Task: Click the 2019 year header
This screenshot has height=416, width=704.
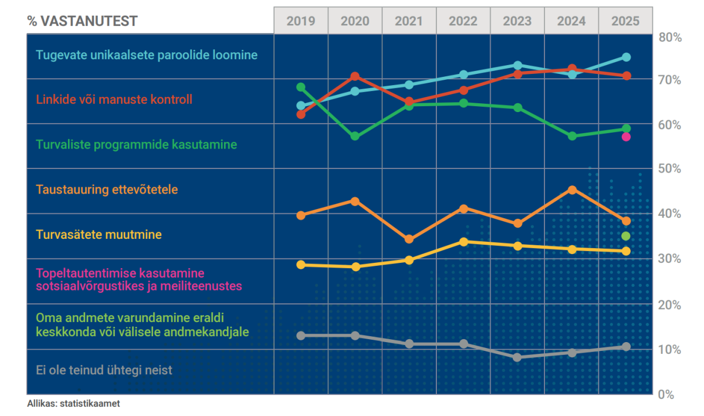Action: pyautogui.click(x=301, y=21)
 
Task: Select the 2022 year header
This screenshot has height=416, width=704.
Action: pyautogui.click(x=463, y=21)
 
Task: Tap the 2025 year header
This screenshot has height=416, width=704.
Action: pyautogui.click(x=625, y=21)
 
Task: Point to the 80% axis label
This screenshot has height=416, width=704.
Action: pyautogui.click(x=669, y=38)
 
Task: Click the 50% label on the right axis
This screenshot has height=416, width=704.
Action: pyautogui.click(x=669, y=169)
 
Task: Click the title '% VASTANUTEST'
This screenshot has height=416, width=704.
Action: pyautogui.click(x=82, y=22)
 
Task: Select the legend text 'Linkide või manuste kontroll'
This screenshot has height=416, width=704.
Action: pyautogui.click(x=114, y=99)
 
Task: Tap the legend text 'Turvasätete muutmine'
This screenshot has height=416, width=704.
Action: pyautogui.click(x=99, y=235)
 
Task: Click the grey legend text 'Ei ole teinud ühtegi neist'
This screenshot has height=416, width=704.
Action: pyautogui.click(x=104, y=370)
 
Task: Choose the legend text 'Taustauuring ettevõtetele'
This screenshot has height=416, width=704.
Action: pyautogui.click(x=107, y=190)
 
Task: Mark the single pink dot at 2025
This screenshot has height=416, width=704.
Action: pyautogui.click(x=626, y=137)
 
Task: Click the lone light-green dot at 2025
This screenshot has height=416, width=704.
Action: pyautogui.click(x=626, y=236)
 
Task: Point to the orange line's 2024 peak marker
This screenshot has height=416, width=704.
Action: pyautogui.click(x=572, y=190)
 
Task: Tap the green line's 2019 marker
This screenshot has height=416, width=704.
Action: pyautogui.click(x=301, y=87)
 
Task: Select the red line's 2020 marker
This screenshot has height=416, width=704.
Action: pyautogui.click(x=355, y=76)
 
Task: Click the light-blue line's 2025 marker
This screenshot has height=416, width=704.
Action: pyautogui.click(x=626, y=57)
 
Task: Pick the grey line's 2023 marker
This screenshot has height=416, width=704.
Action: pyautogui.click(x=517, y=357)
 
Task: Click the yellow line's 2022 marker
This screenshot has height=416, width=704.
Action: pyautogui.click(x=463, y=242)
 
